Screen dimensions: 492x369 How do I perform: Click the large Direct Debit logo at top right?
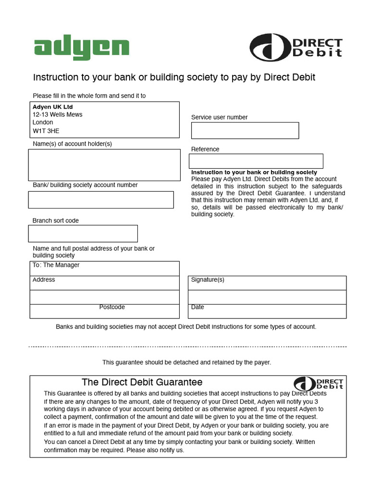point(296,48)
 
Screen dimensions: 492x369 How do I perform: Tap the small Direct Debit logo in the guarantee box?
point(319,383)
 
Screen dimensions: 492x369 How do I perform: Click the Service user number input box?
point(245,130)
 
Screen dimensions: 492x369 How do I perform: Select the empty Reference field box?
point(256,161)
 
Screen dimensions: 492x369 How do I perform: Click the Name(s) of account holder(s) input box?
point(104,165)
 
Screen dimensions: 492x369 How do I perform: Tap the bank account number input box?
point(101,200)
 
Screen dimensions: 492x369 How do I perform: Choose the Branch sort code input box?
point(83,234)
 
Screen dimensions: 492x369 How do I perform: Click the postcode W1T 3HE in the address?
point(46,130)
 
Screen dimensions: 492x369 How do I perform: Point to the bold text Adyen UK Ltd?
point(52,107)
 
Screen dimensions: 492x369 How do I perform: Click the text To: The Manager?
point(56,265)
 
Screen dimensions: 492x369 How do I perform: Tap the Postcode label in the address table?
point(112,307)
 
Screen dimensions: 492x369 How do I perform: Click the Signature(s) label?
point(208,280)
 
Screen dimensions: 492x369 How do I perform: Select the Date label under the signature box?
point(197,307)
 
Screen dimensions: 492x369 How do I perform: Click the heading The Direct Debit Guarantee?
point(142,382)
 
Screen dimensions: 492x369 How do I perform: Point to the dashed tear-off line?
point(187,346)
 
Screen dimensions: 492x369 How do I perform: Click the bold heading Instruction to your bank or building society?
point(254,172)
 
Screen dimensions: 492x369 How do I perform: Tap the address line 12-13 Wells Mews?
point(57,114)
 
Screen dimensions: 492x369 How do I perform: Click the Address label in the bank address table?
point(44,280)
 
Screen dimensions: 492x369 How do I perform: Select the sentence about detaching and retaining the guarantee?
point(186,362)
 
